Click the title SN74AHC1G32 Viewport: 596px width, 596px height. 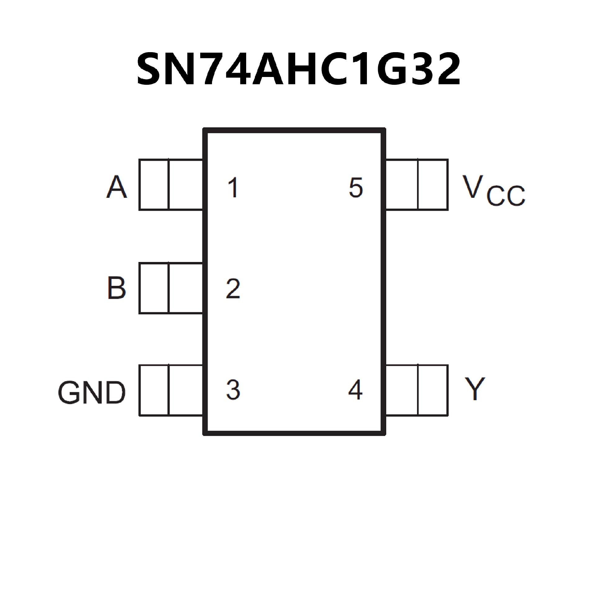tap(298, 69)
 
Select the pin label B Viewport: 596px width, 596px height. tap(117, 288)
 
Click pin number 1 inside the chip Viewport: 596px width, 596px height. tap(233, 187)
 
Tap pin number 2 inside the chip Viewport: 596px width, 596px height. tap(233, 289)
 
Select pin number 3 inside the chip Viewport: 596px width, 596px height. tap(233, 390)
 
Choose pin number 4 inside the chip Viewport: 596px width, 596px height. tap(355, 390)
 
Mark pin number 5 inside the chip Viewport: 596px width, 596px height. tap(356, 187)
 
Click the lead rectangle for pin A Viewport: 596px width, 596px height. tap(171, 185)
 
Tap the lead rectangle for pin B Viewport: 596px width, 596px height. tap(171, 288)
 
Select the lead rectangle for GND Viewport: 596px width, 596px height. tap(171, 390)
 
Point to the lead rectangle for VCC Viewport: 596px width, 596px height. tap(417, 185)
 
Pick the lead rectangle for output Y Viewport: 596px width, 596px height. tap(417, 390)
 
